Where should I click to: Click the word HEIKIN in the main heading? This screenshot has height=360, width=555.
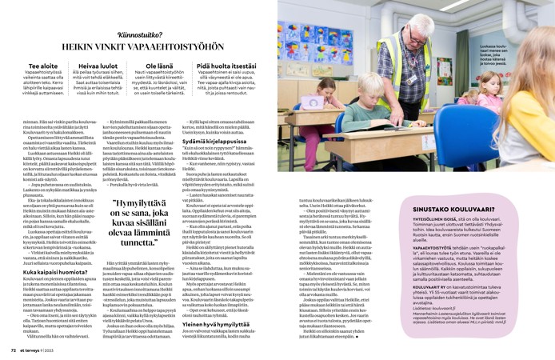tap(78, 48)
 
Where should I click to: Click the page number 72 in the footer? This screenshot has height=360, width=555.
tap(13, 350)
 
